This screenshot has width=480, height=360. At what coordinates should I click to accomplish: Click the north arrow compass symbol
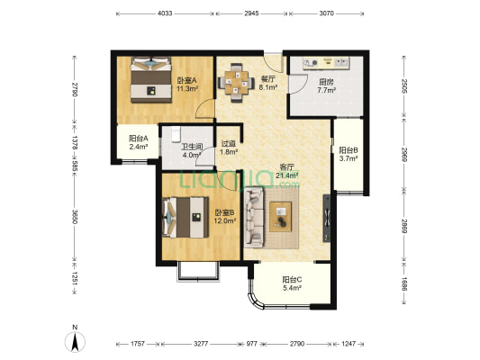click(x=75, y=341)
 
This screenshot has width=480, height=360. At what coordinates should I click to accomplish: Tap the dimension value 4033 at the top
click(x=165, y=13)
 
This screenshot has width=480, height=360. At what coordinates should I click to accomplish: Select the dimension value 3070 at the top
click(x=326, y=13)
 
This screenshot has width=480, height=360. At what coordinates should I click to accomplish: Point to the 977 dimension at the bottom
click(x=251, y=344)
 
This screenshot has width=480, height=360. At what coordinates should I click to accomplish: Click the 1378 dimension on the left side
click(x=75, y=143)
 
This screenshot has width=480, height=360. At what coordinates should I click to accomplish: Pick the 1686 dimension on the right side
click(x=404, y=284)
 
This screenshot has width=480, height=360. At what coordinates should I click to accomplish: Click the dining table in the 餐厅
click(x=236, y=82)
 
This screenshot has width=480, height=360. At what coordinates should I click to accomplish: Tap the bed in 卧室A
click(x=150, y=79)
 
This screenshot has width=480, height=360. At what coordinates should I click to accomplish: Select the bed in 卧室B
click(x=186, y=218)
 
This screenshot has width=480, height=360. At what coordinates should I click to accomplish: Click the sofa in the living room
click(x=254, y=218)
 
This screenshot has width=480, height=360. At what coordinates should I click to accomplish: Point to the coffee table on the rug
click(x=280, y=217)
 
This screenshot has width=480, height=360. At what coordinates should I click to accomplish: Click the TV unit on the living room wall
click(x=327, y=218)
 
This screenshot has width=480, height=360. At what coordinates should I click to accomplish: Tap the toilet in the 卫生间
click(x=176, y=135)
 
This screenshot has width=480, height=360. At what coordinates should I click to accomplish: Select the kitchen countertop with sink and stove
click(x=326, y=63)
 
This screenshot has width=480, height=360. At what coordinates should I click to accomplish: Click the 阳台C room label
click(x=292, y=280)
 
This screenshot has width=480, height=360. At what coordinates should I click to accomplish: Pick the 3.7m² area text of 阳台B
click(x=349, y=158)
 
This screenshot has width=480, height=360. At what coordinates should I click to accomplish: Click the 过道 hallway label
click(x=229, y=143)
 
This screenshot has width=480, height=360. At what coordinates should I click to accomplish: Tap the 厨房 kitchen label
click(x=326, y=82)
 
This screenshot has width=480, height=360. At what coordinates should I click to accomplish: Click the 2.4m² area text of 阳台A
click(x=139, y=147)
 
